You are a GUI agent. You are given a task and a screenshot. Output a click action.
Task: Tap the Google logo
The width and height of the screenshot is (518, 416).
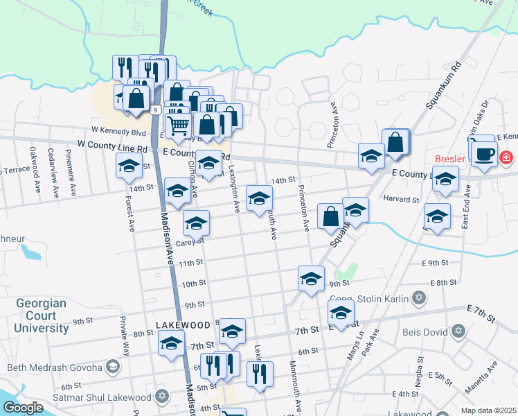click(x=24, y=408)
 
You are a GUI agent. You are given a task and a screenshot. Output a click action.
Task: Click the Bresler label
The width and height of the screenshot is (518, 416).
click(x=450, y=158)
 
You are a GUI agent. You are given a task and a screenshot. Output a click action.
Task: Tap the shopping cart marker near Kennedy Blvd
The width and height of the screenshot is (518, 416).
click(x=178, y=125)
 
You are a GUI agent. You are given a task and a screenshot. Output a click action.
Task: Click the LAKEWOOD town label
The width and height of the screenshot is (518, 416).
click(x=182, y=324)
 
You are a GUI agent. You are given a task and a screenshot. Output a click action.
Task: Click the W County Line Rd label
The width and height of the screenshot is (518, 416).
click(x=112, y=148)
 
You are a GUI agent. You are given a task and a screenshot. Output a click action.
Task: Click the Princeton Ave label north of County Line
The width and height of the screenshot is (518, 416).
click(x=333, y=125)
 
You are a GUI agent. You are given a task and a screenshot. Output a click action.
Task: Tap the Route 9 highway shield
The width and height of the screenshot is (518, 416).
click(x=157, y=110)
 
